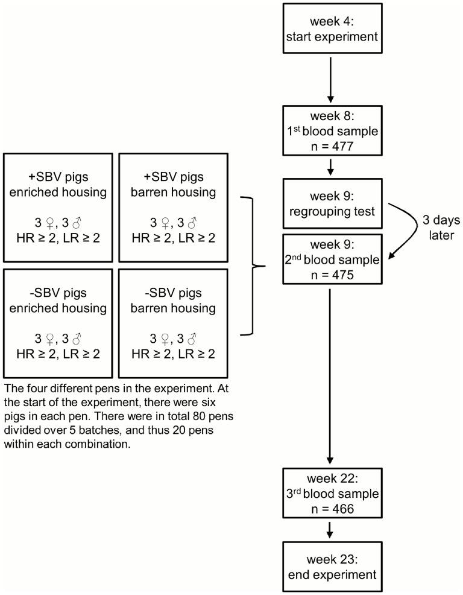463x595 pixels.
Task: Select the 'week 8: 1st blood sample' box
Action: [x=330, y=130]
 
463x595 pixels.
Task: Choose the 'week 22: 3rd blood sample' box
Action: [x=330, y=493]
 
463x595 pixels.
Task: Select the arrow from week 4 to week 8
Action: [x=330, y=78]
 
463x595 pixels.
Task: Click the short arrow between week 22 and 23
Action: [x=330, y=529]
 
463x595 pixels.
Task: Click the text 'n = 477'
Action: [x=330, y=144]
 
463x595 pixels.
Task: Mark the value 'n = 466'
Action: [x=330, y=508]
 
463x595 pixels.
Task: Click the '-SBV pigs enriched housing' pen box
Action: [x=58, y=322]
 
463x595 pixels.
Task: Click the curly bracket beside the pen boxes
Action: [x=253, y=265]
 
